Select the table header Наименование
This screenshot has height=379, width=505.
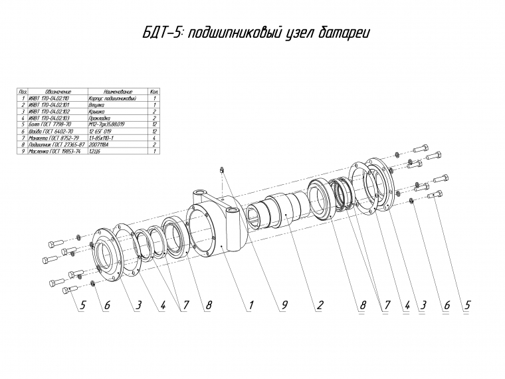(118, 92)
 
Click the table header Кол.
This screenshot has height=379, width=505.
(154, 92)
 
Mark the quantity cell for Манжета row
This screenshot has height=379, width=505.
(154, 138)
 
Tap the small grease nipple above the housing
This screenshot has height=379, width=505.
(221, 171)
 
